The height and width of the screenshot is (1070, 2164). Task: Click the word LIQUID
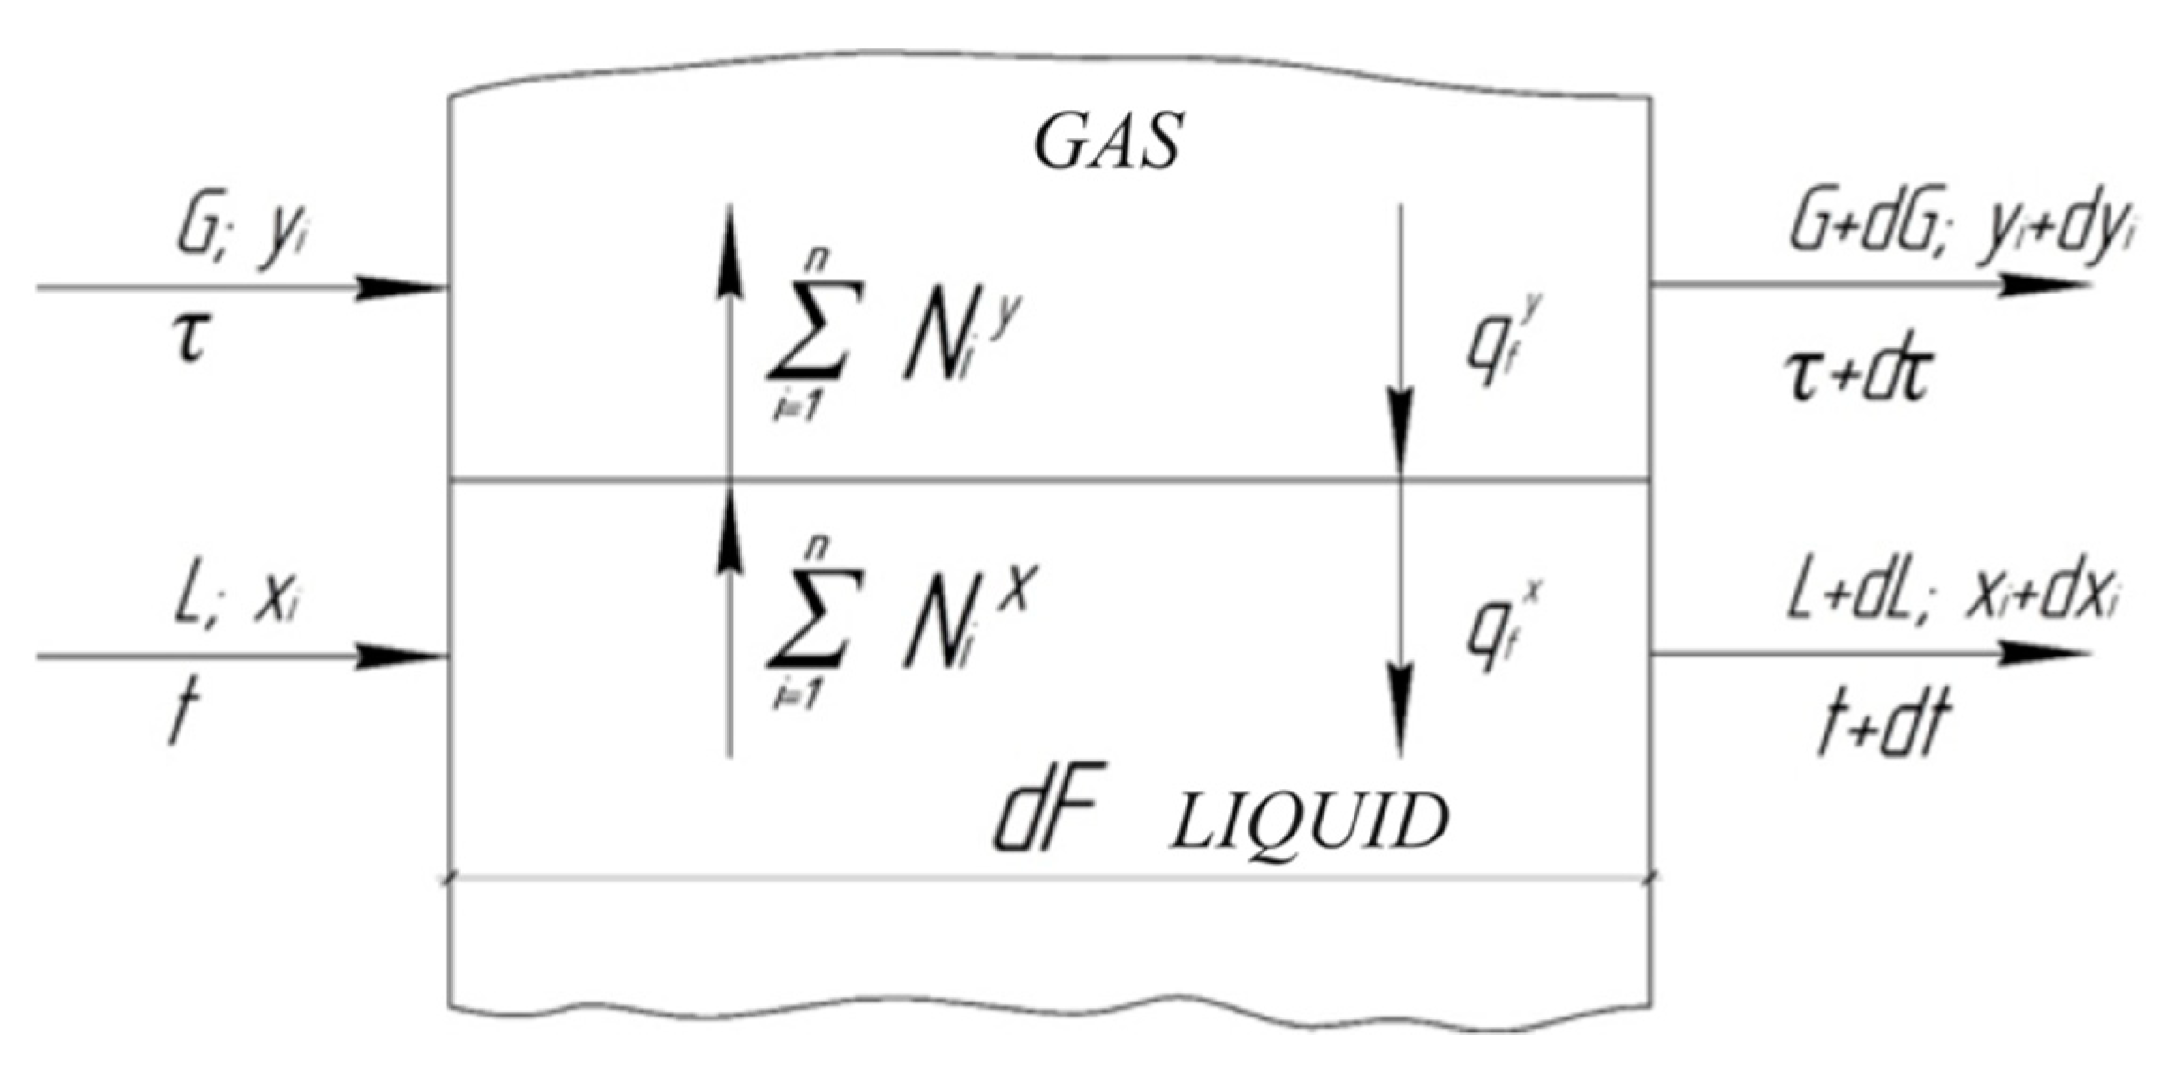tap(1308, 822)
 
